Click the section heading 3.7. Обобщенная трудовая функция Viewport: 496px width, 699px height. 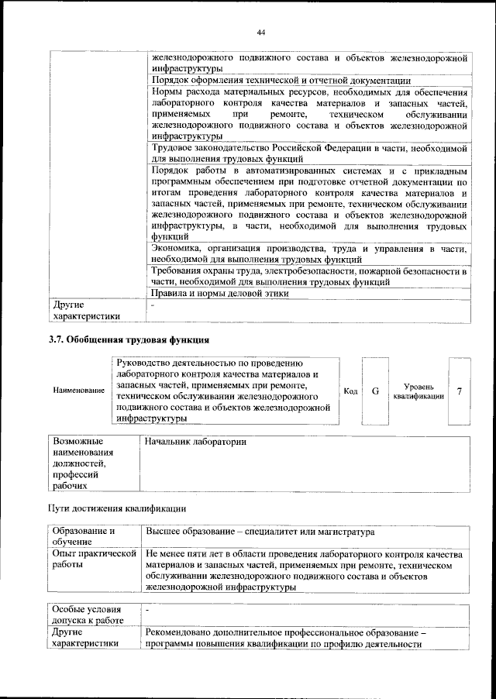(129, 339)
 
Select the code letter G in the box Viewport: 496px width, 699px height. (374, 391)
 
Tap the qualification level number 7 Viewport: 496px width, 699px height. (460, 391)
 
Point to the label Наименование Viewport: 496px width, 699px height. (79, 391)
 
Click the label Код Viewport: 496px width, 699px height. (350, 391)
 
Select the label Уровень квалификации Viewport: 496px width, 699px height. (418, 391)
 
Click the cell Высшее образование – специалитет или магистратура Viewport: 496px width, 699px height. (260, 533)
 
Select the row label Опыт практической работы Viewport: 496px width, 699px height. (93, 560)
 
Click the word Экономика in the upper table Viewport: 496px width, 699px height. (177, 248)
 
